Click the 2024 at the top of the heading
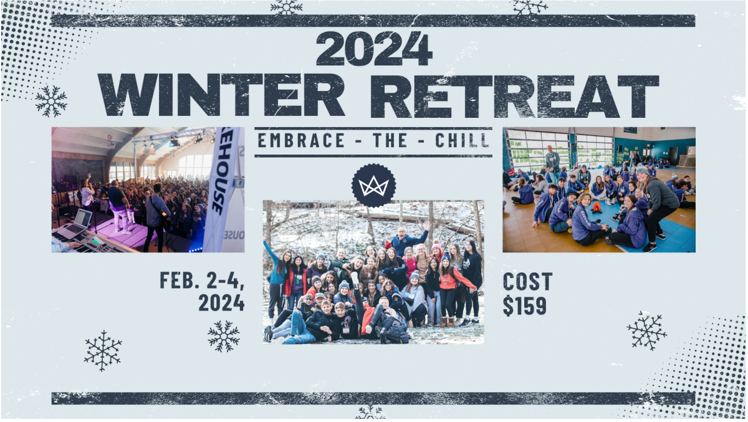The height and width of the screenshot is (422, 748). [x=374, y=49]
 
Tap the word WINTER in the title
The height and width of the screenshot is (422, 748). [x=221, y=95]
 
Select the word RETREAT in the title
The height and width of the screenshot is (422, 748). [x=515, y=96]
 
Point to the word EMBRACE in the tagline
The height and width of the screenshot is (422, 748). [x=301, y=140]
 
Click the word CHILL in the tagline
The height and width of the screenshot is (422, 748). [x=462, y=140]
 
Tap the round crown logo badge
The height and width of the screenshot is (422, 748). [x=373, y=186]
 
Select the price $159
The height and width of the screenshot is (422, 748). [x=525, y=305]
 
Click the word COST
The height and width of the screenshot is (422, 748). [x=527, y=281]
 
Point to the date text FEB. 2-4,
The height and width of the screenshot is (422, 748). [x=203, y=280]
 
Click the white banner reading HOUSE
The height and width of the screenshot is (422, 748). [x=223, y=189]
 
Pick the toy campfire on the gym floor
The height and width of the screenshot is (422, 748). [x=597, y=208]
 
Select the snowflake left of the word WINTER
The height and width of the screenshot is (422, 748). [x=51, y=101]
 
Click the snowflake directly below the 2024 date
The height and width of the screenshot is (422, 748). [x=223, y=336]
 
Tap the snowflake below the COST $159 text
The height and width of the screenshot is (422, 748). [x=647, y=330]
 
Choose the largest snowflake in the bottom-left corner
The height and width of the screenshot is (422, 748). [x=103, y=351]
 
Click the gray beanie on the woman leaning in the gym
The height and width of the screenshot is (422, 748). [x=642, y=171]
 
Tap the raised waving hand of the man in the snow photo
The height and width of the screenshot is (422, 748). [x=426, y=226]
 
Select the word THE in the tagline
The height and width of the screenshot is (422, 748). [x=390, y=140]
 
